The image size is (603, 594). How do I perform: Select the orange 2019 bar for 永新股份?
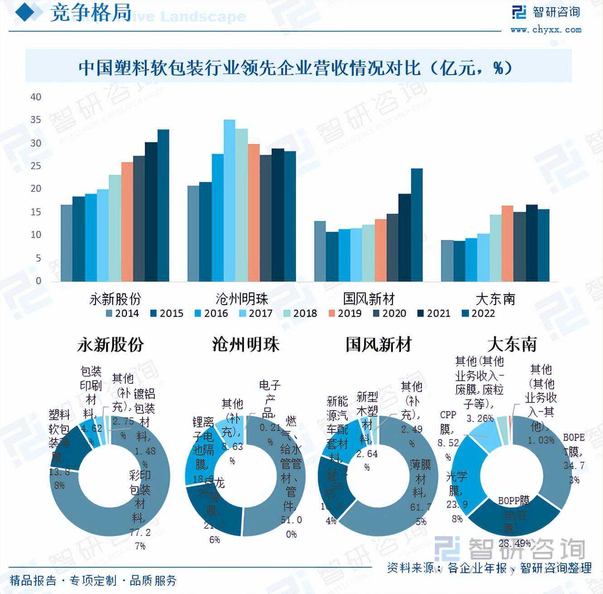click(x=127, y=221)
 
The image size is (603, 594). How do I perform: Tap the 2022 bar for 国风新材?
click(x=416, y=225)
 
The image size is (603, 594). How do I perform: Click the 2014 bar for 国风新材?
click(x=320, y=251)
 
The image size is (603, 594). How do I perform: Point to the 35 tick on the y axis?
click(x=36, y=120)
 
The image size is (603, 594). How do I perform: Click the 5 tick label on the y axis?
click(x=38, y=258)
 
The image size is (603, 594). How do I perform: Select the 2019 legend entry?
click(x=345, y=313)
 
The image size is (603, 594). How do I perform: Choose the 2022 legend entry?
click(x=479, y=313)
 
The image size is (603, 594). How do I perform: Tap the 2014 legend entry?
click(x=122, y=313)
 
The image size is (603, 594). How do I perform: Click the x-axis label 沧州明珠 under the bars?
click(x=242, y=299)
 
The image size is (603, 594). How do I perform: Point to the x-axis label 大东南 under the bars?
click(x=495, y=299)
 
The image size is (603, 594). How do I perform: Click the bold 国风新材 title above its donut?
click(x=378, y=345)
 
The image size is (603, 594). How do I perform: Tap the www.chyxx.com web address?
click(x=546, y=30)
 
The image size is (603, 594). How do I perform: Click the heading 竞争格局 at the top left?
click(x=91, y=13)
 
